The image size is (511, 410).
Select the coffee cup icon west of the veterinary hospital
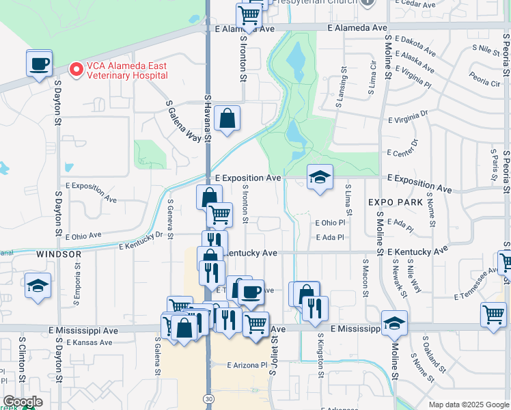40,64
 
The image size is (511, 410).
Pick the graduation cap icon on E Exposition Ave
319,178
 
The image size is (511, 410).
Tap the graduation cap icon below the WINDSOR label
38,287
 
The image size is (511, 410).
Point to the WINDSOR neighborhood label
59,254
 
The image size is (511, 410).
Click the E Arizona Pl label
247,366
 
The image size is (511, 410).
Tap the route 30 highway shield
207,397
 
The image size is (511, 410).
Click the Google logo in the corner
23,402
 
